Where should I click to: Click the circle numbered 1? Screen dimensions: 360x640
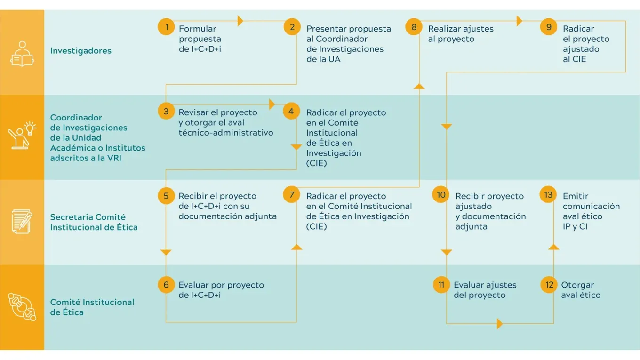click(x=166, y=27)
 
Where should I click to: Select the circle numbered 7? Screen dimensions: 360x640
click(x=292, y=194)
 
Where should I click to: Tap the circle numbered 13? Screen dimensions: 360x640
click(x=548, y=194)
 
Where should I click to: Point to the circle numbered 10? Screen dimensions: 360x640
click(x=441, y=194)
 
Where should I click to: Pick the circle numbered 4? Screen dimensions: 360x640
click(x=292, y=112)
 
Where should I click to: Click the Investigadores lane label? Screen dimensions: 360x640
click(x=81, y=51)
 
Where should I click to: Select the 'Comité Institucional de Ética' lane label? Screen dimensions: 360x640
click(x=92, y=307)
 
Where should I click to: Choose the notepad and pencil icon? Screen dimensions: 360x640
click(x=22, y=222)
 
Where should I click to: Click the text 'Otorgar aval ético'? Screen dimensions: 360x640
click(x=581, y=290)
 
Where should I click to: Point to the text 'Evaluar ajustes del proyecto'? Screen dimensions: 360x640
click(x=485, y=290)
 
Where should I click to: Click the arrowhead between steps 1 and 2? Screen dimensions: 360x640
click(x=240, y=21)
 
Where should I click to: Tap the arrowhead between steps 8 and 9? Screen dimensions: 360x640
click(x=520, y=21)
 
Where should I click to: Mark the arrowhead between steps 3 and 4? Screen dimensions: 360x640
click(x=272, y=104)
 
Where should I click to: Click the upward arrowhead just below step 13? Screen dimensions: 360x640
click(x=554, y=247)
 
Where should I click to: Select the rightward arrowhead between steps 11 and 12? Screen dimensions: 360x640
click(x=500, y=324)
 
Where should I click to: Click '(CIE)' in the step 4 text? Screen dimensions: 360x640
click(x=316, y=163)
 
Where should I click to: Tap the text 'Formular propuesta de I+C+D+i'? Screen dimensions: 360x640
click(x=200, y=39)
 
